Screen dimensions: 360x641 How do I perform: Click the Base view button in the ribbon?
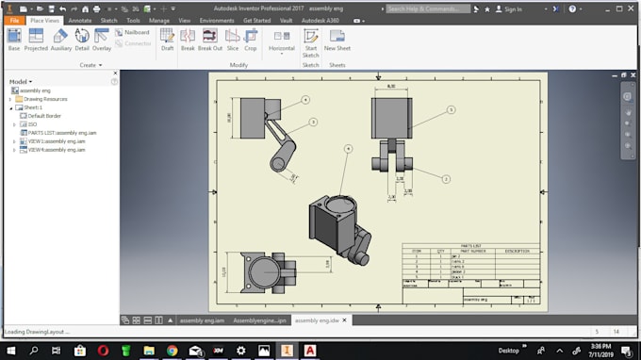13,39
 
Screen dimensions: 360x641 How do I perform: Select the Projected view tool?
36,39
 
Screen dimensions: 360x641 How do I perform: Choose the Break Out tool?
210,39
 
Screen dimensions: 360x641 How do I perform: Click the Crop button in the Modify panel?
251,39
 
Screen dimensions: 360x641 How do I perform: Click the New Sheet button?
337,40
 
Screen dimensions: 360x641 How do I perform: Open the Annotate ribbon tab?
80,19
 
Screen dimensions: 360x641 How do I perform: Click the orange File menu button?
14,19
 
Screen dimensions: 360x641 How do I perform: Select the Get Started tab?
257,19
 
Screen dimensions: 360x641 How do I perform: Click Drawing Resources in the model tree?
44,99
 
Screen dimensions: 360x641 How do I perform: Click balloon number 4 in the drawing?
305,99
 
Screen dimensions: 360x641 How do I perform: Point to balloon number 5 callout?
451,109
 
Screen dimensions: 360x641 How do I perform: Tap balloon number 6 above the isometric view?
348,149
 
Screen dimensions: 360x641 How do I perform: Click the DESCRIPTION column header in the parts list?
517,252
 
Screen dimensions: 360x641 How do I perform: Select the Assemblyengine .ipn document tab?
259,320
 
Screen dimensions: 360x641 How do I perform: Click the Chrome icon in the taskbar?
172,350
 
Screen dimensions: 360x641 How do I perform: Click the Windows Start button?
10,350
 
